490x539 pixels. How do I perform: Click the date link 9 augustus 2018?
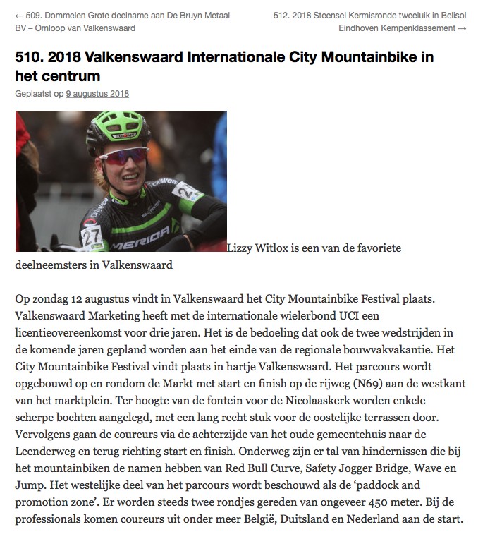tap(97, 94)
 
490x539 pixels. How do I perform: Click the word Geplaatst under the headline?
tap(32, 94)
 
